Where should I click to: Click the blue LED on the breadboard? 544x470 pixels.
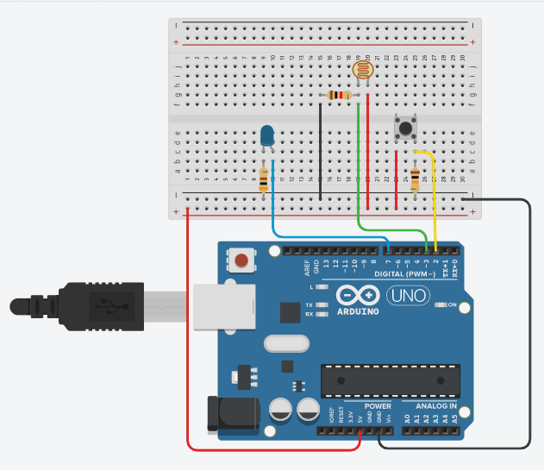click(267, 135)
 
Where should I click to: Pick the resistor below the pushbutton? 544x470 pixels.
click(416, 179)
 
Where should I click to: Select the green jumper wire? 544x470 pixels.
click(358, 172)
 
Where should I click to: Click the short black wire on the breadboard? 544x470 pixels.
click(321, 152)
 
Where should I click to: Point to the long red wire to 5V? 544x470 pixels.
click(187, 345)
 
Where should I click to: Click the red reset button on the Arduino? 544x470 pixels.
click(242, 259)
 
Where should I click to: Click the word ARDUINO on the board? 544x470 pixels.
click(358, 310)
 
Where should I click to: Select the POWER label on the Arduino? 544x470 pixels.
click(378, 405)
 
